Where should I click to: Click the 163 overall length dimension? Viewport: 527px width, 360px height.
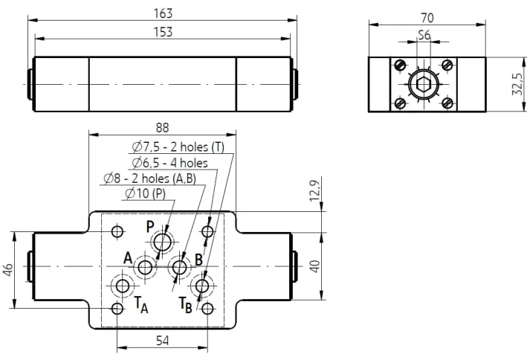[163, 13]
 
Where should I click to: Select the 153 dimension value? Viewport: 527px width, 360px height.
[163, 32]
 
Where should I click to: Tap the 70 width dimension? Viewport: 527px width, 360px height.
[427, 18]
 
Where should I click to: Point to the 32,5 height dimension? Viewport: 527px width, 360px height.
[517, 84]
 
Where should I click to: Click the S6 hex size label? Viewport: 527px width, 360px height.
[424, 35]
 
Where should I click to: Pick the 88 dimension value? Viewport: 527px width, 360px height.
[162, 128]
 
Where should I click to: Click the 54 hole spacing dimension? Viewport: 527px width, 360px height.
[162, 341]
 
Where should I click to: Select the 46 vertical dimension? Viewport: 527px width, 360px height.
[7, 270]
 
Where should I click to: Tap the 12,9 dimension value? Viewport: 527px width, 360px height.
[314, 190]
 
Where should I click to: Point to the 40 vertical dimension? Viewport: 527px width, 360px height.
[315, 266]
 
